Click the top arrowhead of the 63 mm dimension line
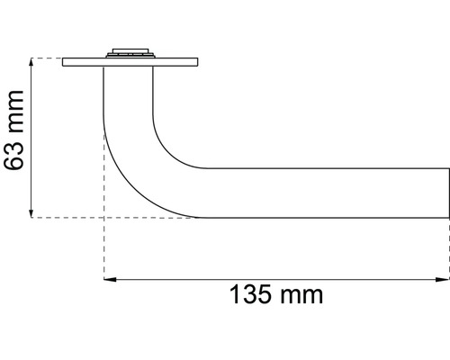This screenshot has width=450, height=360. point(32,63)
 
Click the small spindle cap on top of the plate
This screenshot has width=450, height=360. point(130,52)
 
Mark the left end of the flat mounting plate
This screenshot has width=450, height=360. point(66,62)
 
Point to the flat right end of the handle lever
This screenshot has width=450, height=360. point(447,192)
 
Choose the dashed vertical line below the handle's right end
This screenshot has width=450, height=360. point(448,247)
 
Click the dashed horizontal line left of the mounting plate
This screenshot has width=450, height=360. point(47,58)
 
